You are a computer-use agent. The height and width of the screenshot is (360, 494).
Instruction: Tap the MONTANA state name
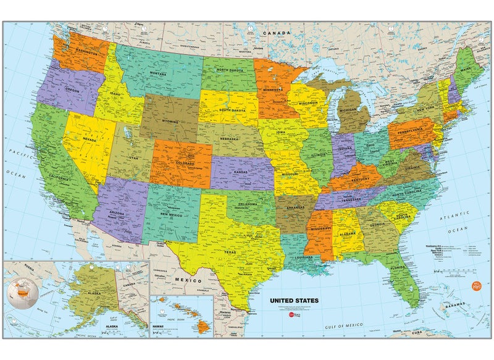159,73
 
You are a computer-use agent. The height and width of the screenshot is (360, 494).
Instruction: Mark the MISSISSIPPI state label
319,228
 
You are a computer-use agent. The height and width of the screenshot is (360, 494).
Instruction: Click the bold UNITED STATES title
294,301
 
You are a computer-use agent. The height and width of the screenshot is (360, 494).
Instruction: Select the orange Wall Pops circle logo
475,284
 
